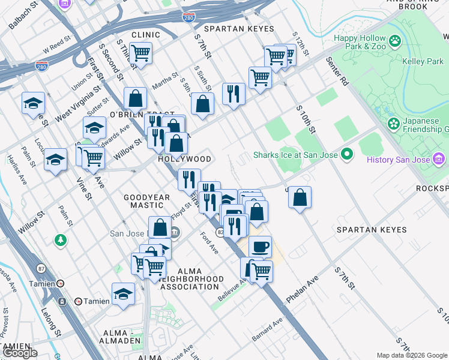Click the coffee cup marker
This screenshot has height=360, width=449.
[x=260, y=247]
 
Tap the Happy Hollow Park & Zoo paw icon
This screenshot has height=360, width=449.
[x=395, y=41]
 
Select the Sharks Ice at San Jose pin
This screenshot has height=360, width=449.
[x=346, y=155]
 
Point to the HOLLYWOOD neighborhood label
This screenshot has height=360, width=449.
[x=184, y=160]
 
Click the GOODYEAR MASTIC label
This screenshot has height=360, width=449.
[x=144, y=201]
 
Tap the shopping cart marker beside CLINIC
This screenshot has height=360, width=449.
[x=140, y=53]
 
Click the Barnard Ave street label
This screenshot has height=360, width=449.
[x=267, y=330]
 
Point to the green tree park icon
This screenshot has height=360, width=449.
[x=60, y=241]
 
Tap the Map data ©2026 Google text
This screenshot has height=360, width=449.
[x=411, y=355]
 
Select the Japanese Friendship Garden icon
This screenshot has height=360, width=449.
[x=394, y=124]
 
